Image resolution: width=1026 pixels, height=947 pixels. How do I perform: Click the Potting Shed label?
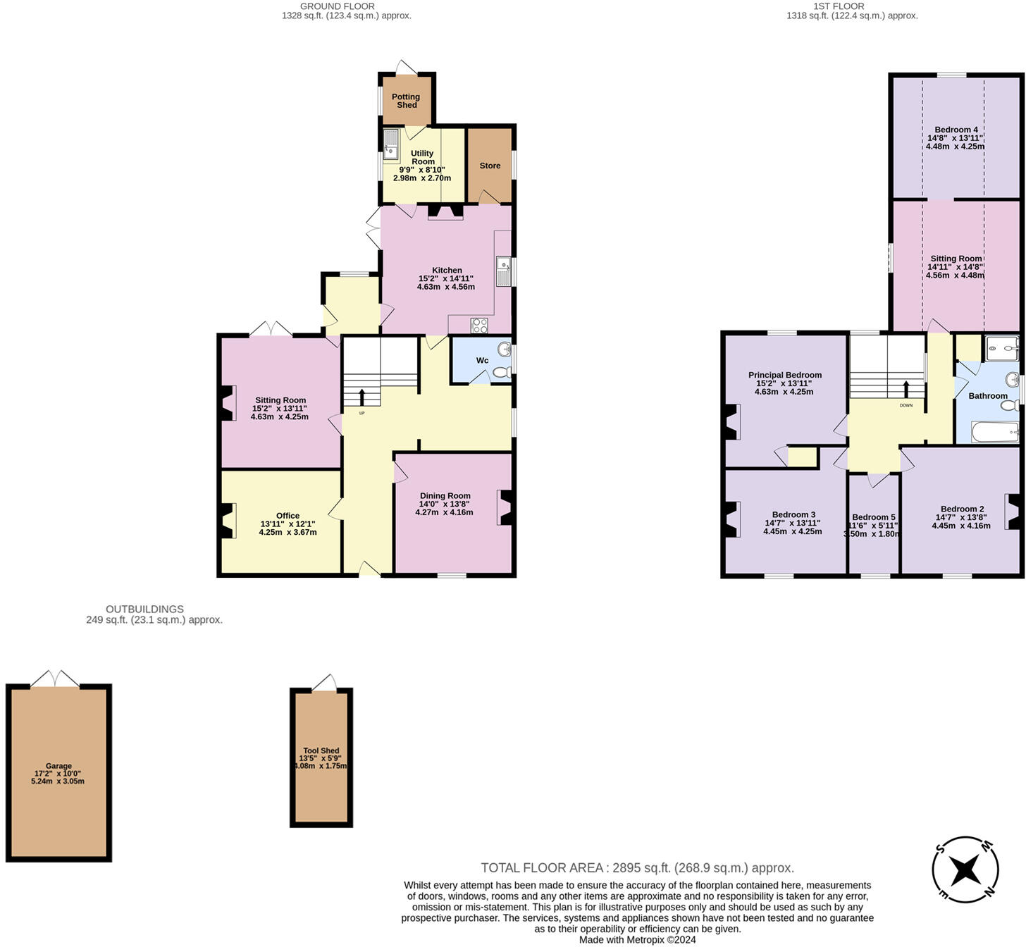point(406,101)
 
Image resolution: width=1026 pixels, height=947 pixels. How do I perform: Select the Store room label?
point(490,166)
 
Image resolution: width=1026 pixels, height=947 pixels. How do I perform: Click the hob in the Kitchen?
point(479,325)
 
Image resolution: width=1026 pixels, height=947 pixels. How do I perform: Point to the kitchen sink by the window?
point(503,271)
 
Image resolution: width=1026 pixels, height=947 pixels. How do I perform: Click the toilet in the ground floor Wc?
point(502,372)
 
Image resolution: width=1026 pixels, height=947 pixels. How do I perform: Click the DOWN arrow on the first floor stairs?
point(906,390)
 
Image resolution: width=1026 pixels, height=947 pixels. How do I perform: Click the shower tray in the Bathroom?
point(1001,347)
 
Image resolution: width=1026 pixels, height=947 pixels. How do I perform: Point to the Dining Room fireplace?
point(505,507)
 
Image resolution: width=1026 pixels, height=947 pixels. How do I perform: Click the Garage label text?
point(58,766)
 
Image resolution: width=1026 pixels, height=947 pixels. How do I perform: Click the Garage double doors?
point(55,678)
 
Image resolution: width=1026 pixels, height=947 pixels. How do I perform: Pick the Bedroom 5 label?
point(873,517)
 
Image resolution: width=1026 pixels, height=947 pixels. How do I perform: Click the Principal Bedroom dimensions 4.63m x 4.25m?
point(784,392)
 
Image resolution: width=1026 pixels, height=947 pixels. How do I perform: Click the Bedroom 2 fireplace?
point(1014,512)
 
